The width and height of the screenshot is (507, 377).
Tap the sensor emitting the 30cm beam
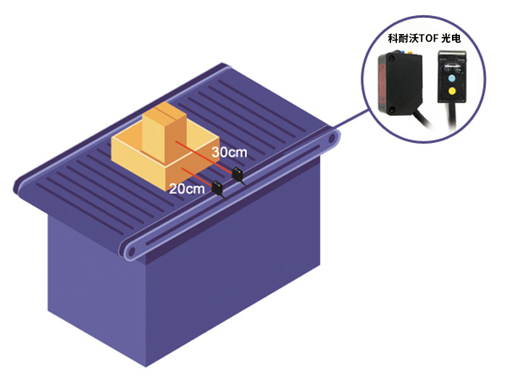click(236, 174)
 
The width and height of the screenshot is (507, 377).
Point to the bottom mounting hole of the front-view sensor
click(391, 111)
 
